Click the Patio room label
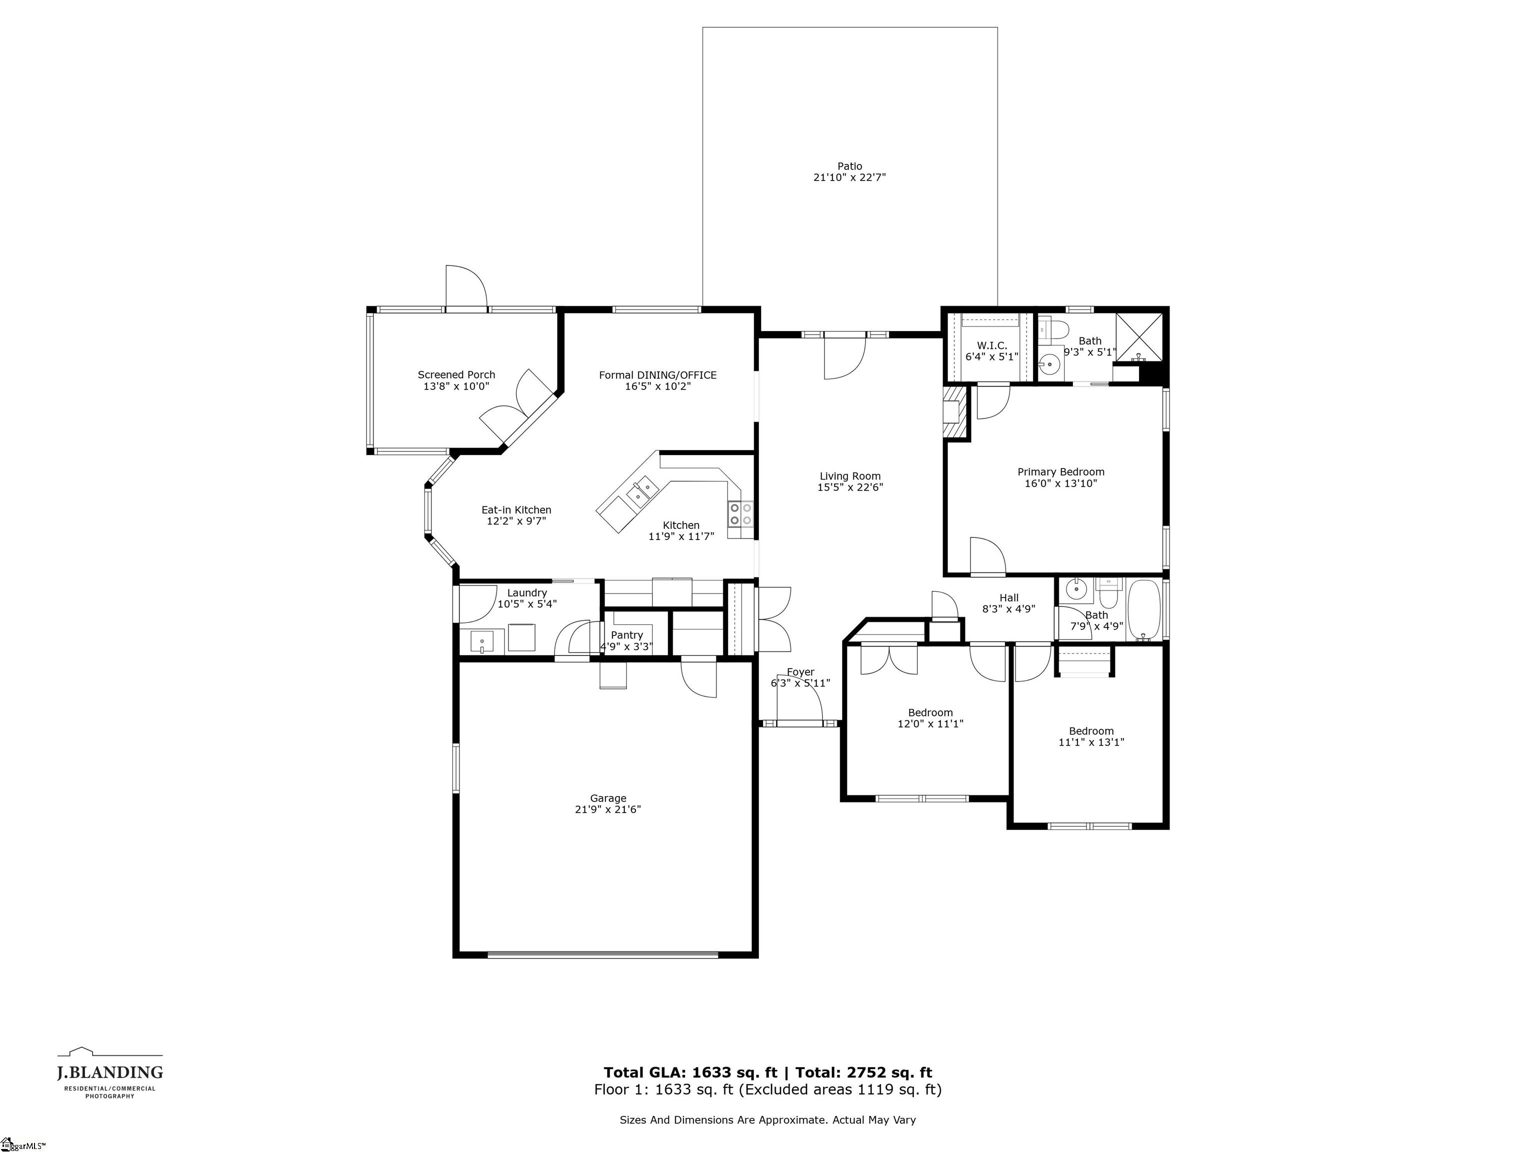[849, 166]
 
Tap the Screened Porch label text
[456, 375]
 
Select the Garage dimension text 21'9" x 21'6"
[607, 809]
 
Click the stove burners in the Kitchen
[740, 514]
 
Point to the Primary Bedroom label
[1060, 472]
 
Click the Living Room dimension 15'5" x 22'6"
[850, 487]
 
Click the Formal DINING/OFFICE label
[657, 375]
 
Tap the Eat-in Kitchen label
[516, 509]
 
